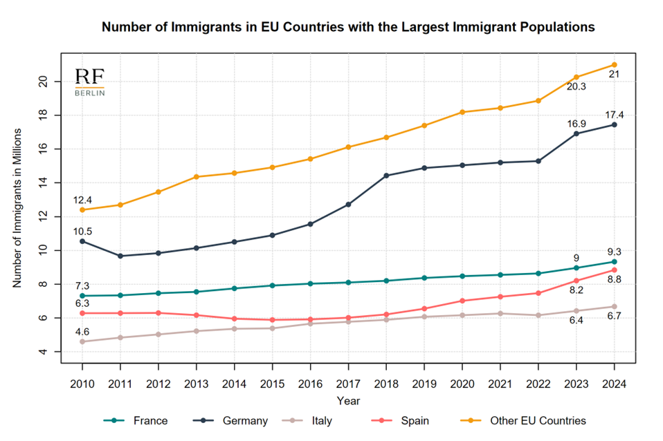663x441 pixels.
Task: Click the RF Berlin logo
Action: (90, 82)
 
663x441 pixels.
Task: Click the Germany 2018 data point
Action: (386, 176)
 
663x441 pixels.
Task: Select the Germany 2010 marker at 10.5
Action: (83, 241)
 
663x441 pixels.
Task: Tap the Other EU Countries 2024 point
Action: (614, 65)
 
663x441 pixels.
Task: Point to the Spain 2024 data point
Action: (614, 270)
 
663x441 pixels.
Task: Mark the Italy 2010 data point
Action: (83, 341)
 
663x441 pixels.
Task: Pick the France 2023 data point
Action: (576, 268)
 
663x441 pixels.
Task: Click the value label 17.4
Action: (614, 114)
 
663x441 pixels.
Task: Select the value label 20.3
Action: (576, 87)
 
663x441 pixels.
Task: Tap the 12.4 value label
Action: (83, 200)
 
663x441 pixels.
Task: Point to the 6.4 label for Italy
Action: (576, 321)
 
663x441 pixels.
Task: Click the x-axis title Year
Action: (348, 400)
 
